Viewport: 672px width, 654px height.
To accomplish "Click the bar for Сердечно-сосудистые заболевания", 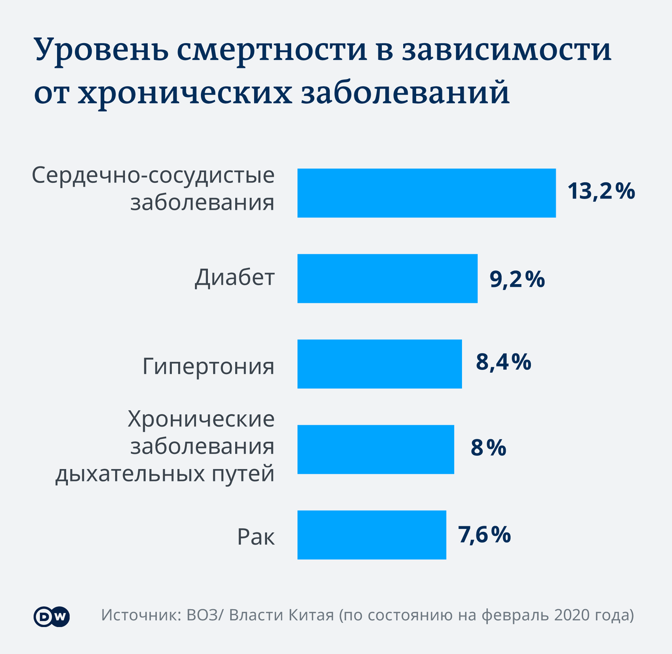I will click(x=426, y=193).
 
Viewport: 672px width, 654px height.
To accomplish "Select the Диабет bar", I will click(x=387, y=279).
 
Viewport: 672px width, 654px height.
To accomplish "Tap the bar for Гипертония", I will click(x=379, y=364).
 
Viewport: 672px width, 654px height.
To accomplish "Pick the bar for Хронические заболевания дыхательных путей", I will click(x=375, y=449).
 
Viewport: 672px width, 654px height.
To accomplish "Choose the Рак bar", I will click(x=371, y=535).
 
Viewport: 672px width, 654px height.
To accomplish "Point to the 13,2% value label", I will click(x=601, y=192).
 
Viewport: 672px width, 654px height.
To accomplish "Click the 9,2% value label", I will click(x=517, y=279).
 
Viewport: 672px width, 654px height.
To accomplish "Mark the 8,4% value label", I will click(x=503, y=363).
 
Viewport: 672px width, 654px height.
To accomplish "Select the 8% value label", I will click(x=488, y=448).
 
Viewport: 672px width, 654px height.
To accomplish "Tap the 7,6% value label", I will click(x=484, y=535).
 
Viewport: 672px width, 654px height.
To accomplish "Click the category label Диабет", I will click(x=235, y=277).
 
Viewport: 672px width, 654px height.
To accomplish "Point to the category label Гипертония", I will click(x=208, y=367).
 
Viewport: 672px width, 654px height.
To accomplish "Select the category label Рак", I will click(x=256, y=537).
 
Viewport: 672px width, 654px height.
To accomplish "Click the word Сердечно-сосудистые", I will click(x=153, y=176).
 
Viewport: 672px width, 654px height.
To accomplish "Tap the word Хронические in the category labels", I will click(x=201, y=419).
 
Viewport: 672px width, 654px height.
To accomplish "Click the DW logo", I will click(x=52, y=616).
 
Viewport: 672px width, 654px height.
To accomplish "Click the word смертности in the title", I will click(x=268, y=50).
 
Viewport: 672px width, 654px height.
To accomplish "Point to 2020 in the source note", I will click(x=572, y=615).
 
